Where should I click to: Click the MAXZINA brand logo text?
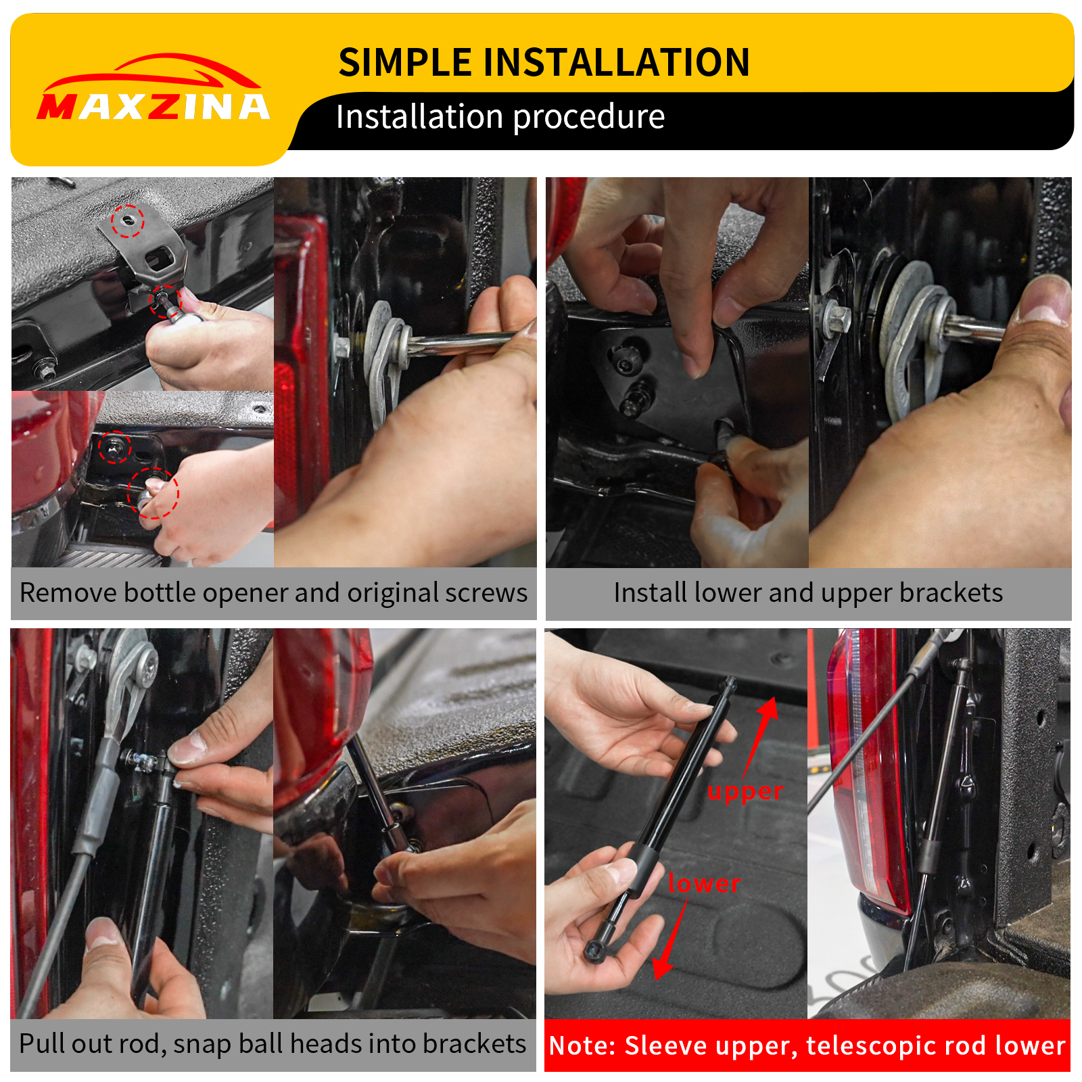pyautogui.click(x=154, y=107)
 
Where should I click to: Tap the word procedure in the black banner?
pyautogui.click(x=588, y=117)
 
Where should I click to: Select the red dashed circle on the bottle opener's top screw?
pyautogui.click(x=128, y=221)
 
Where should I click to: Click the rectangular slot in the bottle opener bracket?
pyautogui.click(x=162, y=258)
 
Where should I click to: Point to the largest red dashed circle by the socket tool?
pyautogui.click(x=154, y=493)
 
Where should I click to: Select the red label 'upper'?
pyautogui.click(x=745, y=791)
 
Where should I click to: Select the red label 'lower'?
pyautogui.click(x=703, y=883)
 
